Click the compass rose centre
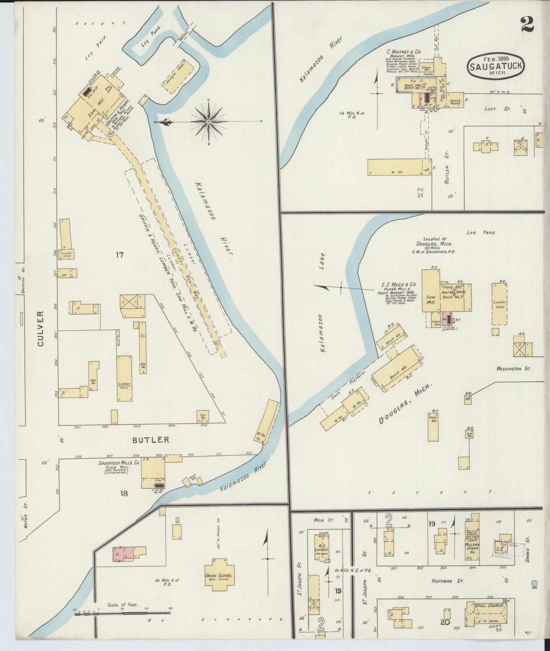209,122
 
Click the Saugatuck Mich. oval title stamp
496,66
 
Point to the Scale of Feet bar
123,614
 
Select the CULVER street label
41,329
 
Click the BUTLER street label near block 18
151,440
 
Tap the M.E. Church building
322,548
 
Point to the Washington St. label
513,369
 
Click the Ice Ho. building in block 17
202,417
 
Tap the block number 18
124,493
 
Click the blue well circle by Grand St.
534,583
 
